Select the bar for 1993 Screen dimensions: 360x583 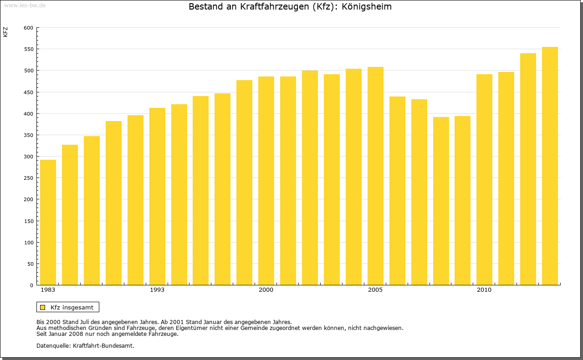tap(157, 196)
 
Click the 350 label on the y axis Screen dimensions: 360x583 tap(28, 135)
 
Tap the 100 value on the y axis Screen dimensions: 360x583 tap(28, 243)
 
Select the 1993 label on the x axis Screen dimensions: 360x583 tap(157, 290)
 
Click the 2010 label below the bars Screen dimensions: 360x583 tap(484, 290)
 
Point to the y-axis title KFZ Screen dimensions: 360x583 tap(5, 32)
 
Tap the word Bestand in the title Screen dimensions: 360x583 tap(205, 7)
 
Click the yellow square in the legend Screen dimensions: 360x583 tap(42, 307)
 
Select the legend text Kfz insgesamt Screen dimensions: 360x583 tap(72, 307)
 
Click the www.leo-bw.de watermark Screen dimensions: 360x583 tap(25, 5)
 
